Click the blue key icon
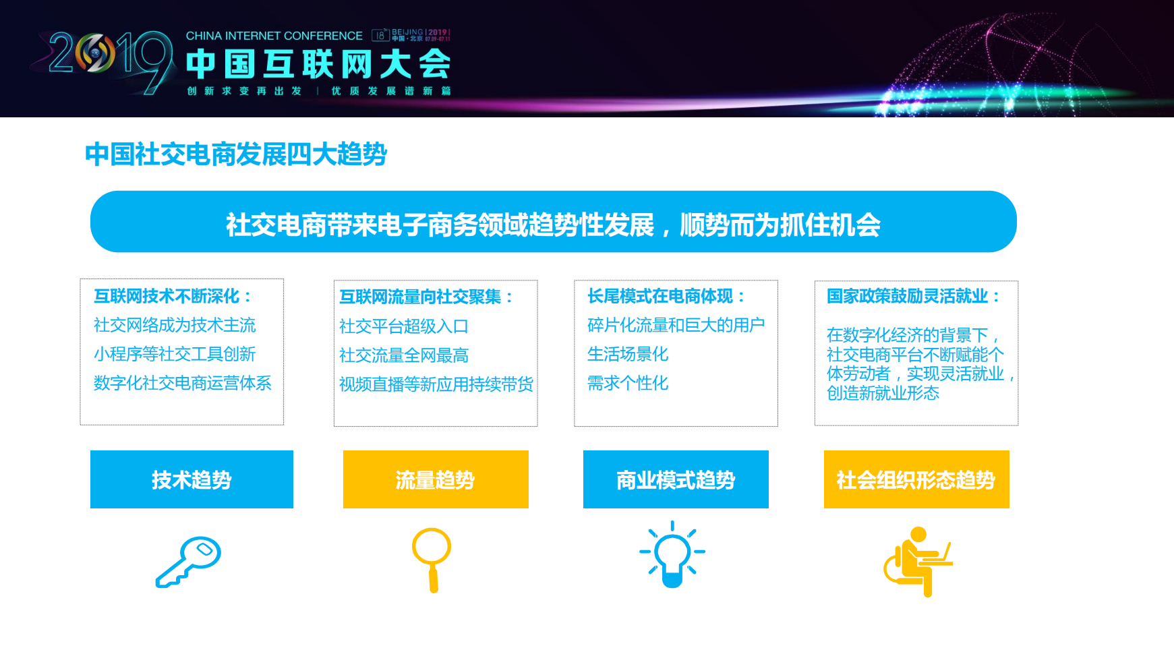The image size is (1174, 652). click(x=188, y=562)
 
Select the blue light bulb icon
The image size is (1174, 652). click(x=672, y=555)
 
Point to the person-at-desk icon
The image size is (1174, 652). click(x=917, y=561)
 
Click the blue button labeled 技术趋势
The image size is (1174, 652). click(x=192, y=479)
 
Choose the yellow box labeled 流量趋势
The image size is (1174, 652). click(x=436, y=479)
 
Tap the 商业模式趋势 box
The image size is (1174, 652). click(x=676, y=479)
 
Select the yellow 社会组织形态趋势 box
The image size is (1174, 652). click(x=916, y=479)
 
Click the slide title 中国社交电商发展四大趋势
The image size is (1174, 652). click(x=236, y=154)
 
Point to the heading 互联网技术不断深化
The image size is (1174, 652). click(x=173, y=296)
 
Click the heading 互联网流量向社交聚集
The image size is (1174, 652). click(x=426, y=297)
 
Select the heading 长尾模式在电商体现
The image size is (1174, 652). click(x=666, y=296)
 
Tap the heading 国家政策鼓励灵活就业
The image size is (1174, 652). click(x=913, y=296)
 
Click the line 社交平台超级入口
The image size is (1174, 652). click(x=403, y=326)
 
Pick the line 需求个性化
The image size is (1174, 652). click(x=628, y=383)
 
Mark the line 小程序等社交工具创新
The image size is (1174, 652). click(x=175, y=354)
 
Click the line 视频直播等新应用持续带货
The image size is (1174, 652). click(x=436, y=384)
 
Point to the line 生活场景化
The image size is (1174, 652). click(x=628, y=354)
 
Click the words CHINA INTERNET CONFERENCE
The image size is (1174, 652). click(x=274, y=36)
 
